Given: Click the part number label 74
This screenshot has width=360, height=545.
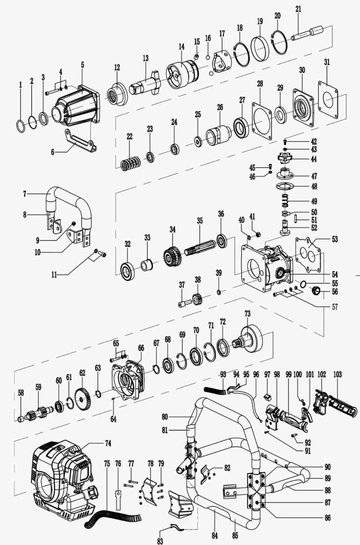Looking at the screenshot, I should point(108,443).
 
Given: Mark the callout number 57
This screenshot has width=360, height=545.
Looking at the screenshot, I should point(335,307).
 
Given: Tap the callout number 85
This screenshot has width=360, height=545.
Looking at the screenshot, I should point(235,535).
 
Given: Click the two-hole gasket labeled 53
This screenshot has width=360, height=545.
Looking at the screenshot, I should point(309,254).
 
